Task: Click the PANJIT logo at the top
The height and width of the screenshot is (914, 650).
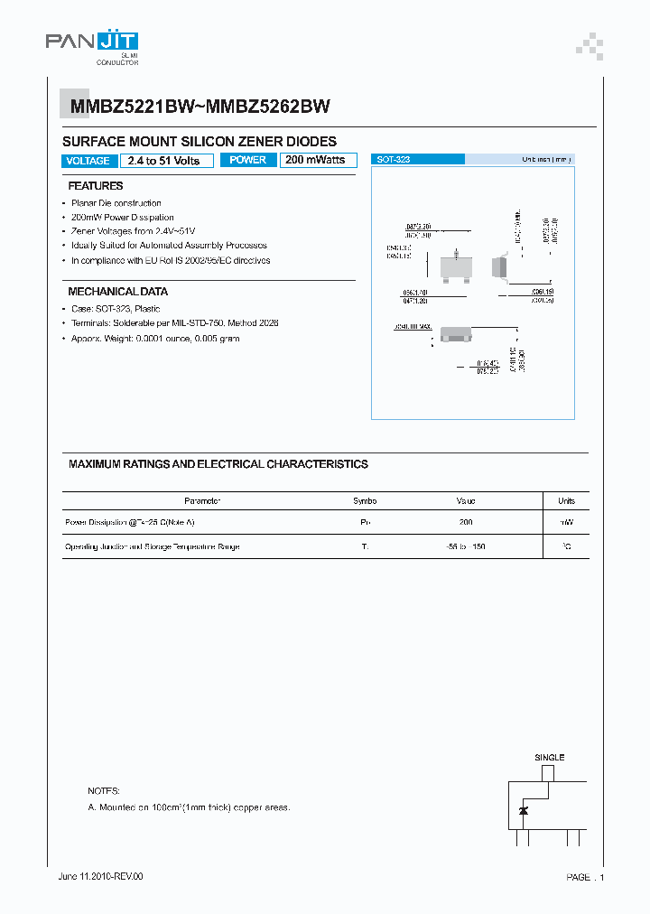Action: pos(91,42)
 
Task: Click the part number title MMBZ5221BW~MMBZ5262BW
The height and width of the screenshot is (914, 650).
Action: pos(200,107)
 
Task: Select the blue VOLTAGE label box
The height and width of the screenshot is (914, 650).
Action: pos(88,161)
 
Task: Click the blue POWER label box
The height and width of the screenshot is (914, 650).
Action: pos(247,160)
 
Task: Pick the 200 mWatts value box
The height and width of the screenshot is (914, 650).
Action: pos(316,160)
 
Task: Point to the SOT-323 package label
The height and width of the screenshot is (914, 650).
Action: pos(395,159)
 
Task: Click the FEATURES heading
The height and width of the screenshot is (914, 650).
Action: pos(96,185)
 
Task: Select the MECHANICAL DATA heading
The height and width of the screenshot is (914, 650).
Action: pos(117,292)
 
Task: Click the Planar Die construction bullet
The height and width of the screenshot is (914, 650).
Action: pos(116,203)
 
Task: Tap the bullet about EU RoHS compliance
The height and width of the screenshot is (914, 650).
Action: pos(171,260)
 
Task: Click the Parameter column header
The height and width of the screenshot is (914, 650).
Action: pos(202,500)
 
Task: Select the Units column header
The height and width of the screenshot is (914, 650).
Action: pos(566,500)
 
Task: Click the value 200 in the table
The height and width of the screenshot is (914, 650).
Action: pos(466,523)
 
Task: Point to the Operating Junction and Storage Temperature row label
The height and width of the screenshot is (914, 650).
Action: pos(153,546)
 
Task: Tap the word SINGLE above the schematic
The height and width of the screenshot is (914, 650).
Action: pos(549,757)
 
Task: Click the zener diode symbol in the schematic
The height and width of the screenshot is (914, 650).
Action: pos(524,811)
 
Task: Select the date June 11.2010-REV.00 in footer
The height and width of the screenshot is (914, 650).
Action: pos(100,876)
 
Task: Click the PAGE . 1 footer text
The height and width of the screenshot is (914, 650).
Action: pos(585,877)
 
